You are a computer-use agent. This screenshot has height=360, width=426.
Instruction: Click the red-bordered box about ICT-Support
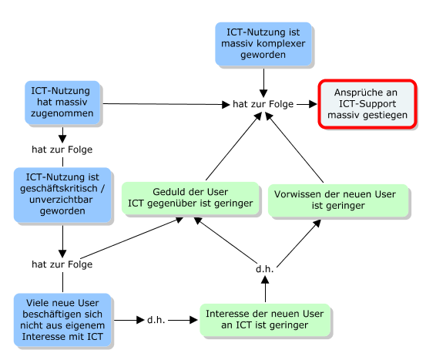click(367, 104)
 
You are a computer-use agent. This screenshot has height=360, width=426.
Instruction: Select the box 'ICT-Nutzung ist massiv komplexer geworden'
click(263, 44)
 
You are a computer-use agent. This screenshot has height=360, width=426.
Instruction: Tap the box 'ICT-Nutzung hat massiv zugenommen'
click(62, 103)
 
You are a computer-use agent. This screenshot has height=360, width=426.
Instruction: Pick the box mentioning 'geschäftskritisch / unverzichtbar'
click(62, 195)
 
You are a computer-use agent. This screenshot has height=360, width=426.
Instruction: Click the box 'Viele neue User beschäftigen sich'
click(62, 320)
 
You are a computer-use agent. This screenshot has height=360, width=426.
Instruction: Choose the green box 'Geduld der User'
click(190, 198)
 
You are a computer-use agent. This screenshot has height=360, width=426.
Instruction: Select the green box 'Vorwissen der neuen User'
click(338, 200)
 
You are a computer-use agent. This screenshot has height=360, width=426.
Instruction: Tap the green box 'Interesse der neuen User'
click(265, 320)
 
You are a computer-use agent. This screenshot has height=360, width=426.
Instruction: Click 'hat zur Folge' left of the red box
click(263, 104)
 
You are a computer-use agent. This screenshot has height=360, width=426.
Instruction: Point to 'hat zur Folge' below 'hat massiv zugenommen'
click(62, 150)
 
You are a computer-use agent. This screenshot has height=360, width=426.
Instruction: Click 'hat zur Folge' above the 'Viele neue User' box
click(62, 264)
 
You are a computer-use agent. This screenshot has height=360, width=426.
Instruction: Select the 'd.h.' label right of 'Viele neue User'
click(156, 320)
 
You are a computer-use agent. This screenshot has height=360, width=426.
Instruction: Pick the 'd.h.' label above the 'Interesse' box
click(265, 269)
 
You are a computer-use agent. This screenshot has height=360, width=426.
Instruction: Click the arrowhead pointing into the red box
click(313, 104)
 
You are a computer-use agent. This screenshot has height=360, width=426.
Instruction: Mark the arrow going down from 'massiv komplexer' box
click(263, 83)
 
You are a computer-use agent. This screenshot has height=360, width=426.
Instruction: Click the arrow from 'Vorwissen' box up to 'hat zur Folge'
click(294, 148)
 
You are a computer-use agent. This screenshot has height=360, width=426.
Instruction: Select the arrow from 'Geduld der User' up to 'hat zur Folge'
click(233, 146)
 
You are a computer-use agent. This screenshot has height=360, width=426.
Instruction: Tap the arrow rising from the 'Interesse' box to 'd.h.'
click(265, 289)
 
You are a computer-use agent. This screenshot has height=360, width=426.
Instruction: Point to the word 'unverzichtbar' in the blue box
click(61, 200)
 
